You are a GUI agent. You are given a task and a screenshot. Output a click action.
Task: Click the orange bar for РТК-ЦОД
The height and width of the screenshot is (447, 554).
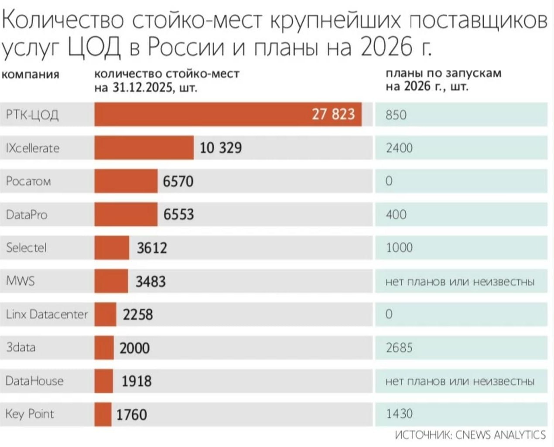point(201,114)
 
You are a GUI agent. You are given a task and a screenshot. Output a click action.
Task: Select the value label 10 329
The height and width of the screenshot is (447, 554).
point(220,148)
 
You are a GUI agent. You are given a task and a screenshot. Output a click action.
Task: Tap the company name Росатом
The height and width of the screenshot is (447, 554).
point(28,181)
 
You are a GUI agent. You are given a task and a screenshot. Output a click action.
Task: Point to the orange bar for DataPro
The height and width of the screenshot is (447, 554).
point(126,215)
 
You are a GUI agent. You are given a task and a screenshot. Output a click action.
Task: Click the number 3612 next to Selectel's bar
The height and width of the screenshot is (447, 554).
point(152,248)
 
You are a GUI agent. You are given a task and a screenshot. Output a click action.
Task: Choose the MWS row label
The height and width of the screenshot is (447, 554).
point(20,281)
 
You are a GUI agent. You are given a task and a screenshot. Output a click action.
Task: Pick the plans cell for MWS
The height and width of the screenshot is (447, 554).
point(460,282)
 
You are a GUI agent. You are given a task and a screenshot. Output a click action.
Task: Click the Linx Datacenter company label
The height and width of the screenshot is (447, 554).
point(47,314)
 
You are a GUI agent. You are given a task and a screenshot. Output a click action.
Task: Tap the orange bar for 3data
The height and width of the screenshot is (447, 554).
point(104,348)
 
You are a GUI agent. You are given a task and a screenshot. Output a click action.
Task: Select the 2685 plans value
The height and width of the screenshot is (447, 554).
point(399,348)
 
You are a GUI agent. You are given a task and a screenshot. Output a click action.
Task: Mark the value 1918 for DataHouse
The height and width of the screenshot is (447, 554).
point(137,381)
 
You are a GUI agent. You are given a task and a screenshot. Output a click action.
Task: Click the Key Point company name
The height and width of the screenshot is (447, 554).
point(30,414)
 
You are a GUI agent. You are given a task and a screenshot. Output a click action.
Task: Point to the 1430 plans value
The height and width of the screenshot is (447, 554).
point(399,413)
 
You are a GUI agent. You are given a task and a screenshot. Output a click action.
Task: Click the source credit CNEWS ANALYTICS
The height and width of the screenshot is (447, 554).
point(470,435)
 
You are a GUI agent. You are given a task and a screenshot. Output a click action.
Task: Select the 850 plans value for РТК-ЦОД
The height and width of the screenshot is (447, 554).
point(396,115)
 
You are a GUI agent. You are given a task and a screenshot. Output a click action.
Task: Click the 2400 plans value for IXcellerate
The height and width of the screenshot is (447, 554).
point(399,148)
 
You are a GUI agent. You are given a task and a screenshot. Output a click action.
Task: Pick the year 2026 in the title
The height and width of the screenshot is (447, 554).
point(386,47)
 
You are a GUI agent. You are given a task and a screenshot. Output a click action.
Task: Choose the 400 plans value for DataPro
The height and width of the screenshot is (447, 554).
point(396,215)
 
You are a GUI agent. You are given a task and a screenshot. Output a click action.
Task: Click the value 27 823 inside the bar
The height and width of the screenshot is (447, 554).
point(333,114)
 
